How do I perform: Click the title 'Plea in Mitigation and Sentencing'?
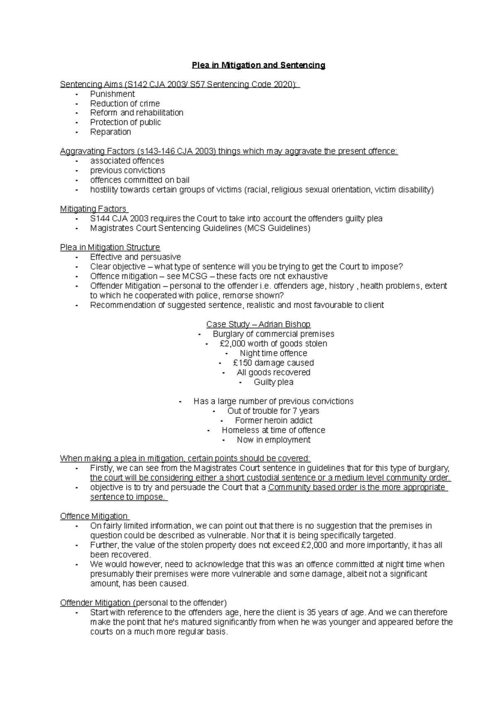[258, 65]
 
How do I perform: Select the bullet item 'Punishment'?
[112, 94]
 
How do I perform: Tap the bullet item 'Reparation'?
[111, 132]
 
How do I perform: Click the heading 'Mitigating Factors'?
[94, 209]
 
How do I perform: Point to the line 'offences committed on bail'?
[140, 180]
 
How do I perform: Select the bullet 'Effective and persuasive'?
[135, 257]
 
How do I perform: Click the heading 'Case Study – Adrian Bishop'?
[258, 324]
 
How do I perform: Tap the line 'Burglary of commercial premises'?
[273, 334]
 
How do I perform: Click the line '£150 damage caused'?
[273, 363]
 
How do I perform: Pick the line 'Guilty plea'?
[273, 382]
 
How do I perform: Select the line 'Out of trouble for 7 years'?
[273, 411]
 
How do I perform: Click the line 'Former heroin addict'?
[273, 421]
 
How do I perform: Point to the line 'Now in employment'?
[273, 440]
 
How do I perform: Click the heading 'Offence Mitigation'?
[94, 516]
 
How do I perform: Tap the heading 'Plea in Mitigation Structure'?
[110, 248]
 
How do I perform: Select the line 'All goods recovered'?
[273, 373]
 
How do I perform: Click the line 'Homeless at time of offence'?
[273, 430]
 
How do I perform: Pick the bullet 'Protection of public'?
[125, 123]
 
